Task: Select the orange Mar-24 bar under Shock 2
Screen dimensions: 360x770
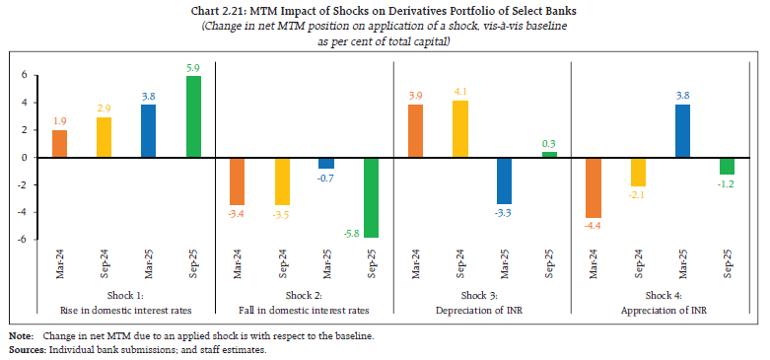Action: [x=237, y=180]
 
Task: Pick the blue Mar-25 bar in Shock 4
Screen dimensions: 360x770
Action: [x=682, y=130]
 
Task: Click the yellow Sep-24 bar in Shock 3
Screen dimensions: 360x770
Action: [x=459, y=128]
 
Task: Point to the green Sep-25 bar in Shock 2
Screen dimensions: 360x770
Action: [x=371, y=197]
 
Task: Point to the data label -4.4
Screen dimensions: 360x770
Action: [x=594, y=226]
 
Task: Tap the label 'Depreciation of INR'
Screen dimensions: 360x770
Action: [x=481, y=309]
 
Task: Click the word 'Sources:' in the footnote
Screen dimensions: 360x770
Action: [x=30, y=351]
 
